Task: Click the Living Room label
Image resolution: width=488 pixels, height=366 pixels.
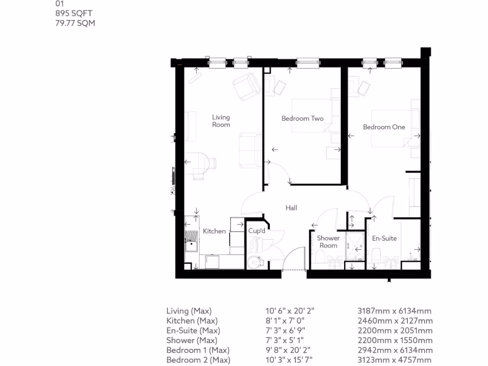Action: (x=221, y=121)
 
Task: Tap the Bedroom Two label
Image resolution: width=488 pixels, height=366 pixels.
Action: (x=302, y=118)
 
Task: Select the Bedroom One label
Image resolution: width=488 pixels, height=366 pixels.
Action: (x=384, y=127)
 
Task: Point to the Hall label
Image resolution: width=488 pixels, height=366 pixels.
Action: (x=291, y=208)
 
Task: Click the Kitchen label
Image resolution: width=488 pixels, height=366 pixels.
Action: (x=214, y=231)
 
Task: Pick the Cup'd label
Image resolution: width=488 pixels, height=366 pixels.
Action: (x=257, y=231)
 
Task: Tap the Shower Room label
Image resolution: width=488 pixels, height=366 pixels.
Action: (x=328, y=242)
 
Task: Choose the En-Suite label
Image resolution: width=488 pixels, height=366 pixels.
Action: (x=384, y=238)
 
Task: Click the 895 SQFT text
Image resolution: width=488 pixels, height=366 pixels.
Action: (x=75, y=14)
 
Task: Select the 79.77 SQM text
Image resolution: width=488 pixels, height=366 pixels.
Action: (x=75, y=23)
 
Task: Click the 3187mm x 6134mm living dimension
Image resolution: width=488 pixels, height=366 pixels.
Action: (x=395, y=311)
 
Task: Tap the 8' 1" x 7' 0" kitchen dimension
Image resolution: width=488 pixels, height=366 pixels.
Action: (x=285, y=321)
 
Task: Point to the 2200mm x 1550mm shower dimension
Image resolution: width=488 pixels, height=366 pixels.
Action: (x=395, y=340)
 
